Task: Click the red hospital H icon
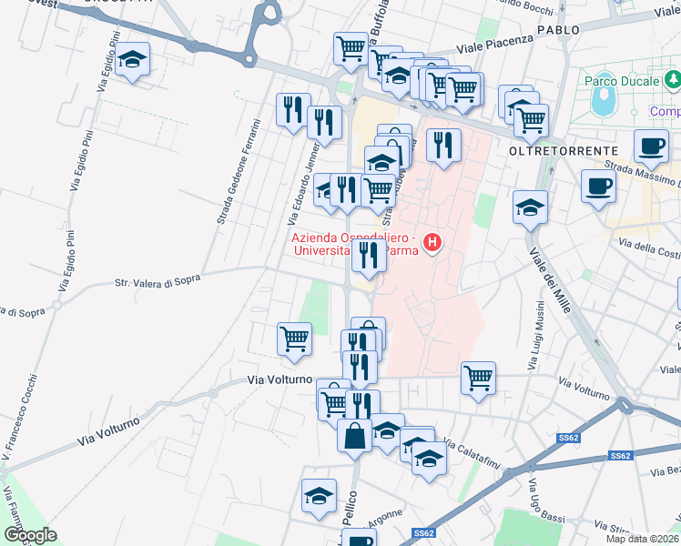433,243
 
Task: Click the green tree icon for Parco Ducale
673,82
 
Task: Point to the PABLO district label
558,30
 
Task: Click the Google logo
30,535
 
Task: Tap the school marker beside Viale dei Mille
530,207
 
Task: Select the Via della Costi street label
649,248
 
